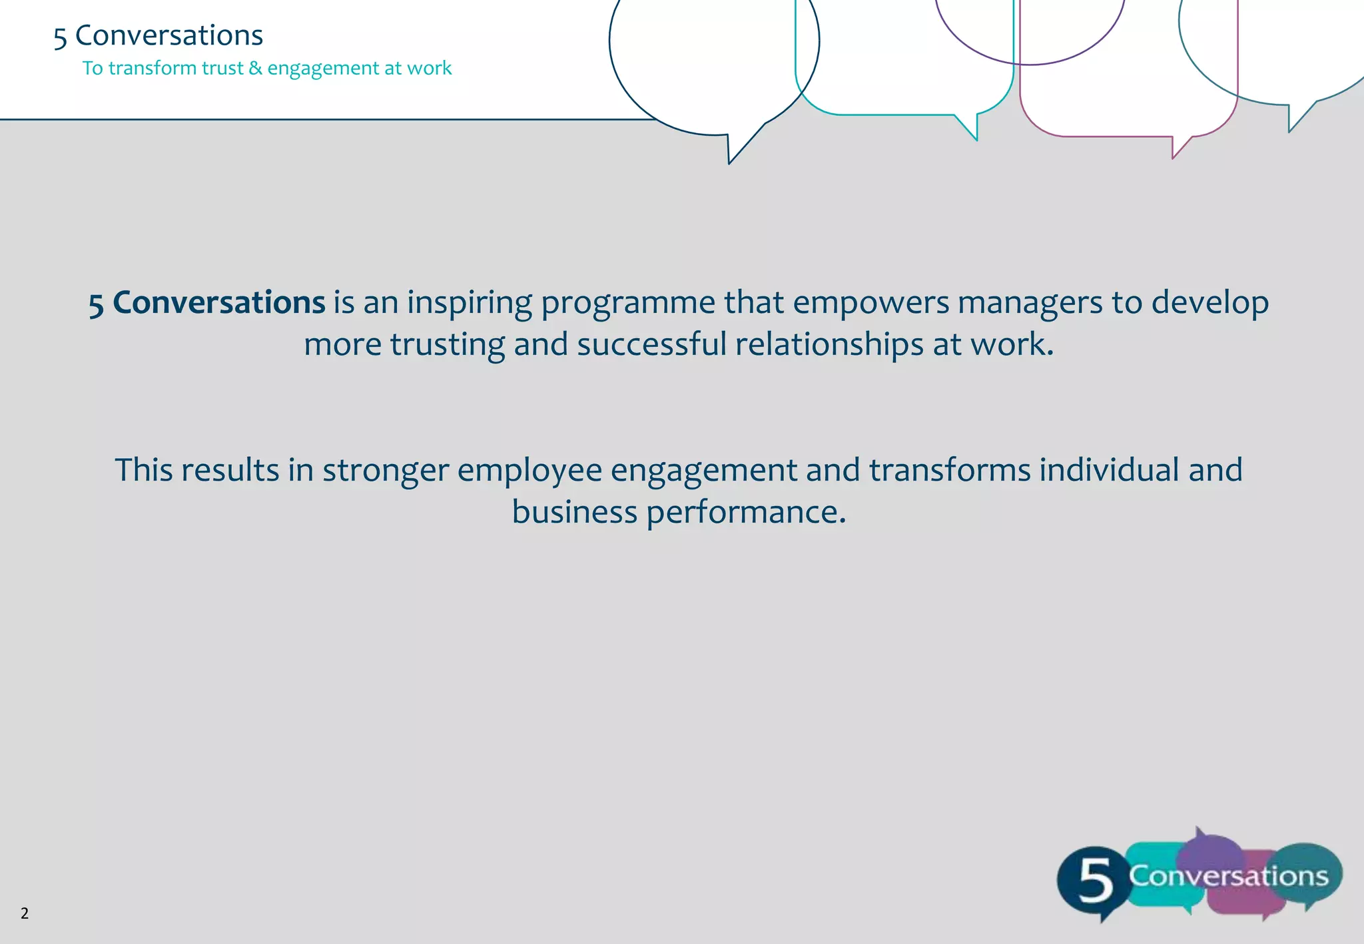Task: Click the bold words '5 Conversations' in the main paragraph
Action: pos(206,303)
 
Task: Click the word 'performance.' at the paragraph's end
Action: pos(746,513)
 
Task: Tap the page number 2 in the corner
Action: pos(25,913)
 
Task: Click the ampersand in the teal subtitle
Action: pos(255,68)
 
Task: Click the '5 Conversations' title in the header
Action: pos(159,35)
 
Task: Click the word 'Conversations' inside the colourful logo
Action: pos(1228,876)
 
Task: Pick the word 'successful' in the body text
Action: pos(651,345)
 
